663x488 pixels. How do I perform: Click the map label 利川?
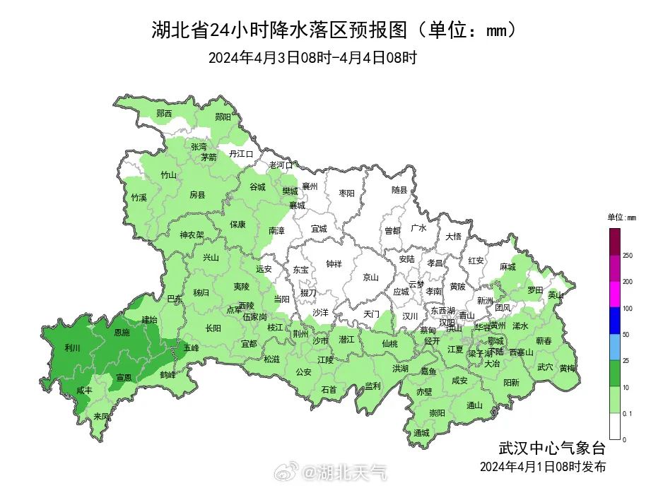click(x=72, y=347)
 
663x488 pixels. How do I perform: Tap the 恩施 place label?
click(x=122, y=333)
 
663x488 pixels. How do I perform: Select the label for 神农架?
click(x=192, y=235)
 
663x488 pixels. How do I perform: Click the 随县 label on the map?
click(x=400, y=190)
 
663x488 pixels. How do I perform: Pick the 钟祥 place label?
click(x=334, y=263)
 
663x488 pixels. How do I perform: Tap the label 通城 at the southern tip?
click(x=421, y=432)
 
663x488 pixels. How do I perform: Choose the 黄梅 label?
click(x=567, y=368)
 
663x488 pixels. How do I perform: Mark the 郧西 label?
click(x=164, y=113)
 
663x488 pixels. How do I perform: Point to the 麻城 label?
click(x=507, y=267)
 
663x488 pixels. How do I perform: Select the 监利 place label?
click(x=372, y=386)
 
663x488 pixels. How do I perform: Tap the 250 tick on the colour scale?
click(x=626, y=255)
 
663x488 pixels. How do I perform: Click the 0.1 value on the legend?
click(x=626, y=414)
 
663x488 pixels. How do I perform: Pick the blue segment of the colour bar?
click(x=614, y=321)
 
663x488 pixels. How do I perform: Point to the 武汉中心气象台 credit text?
click(x=552, y=448)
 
